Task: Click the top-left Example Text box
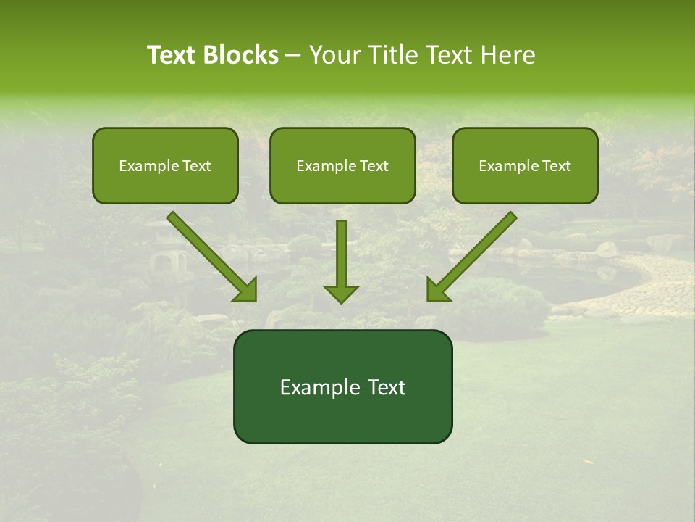165,165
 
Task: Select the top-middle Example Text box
342,165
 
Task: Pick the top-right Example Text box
525,165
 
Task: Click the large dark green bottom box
342,386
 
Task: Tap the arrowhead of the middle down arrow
341,293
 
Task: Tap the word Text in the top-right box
556,165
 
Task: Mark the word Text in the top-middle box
374,165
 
